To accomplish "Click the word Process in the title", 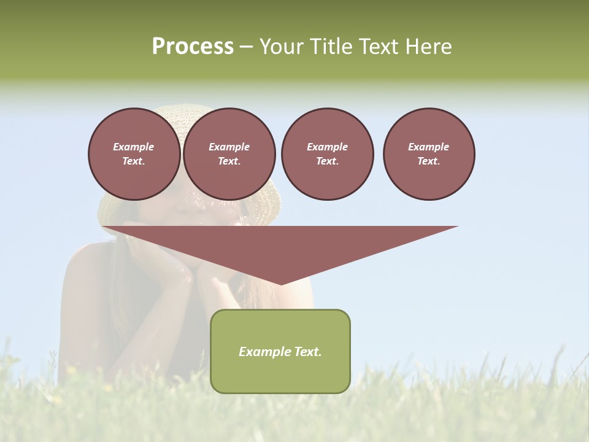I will click(x=193, y=47).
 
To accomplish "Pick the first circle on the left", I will click(x=134, y=154).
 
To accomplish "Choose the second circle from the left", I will click(x=229, y=154).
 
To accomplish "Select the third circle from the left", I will click(x=327, y=154).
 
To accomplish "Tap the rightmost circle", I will click(x=428, y=154).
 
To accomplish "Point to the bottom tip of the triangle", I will click(x=281, y=284).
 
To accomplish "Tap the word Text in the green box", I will click(x=307, y=352).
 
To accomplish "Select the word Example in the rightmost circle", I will click(x=428, y=147).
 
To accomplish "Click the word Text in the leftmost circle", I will click(x=133, y=161).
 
